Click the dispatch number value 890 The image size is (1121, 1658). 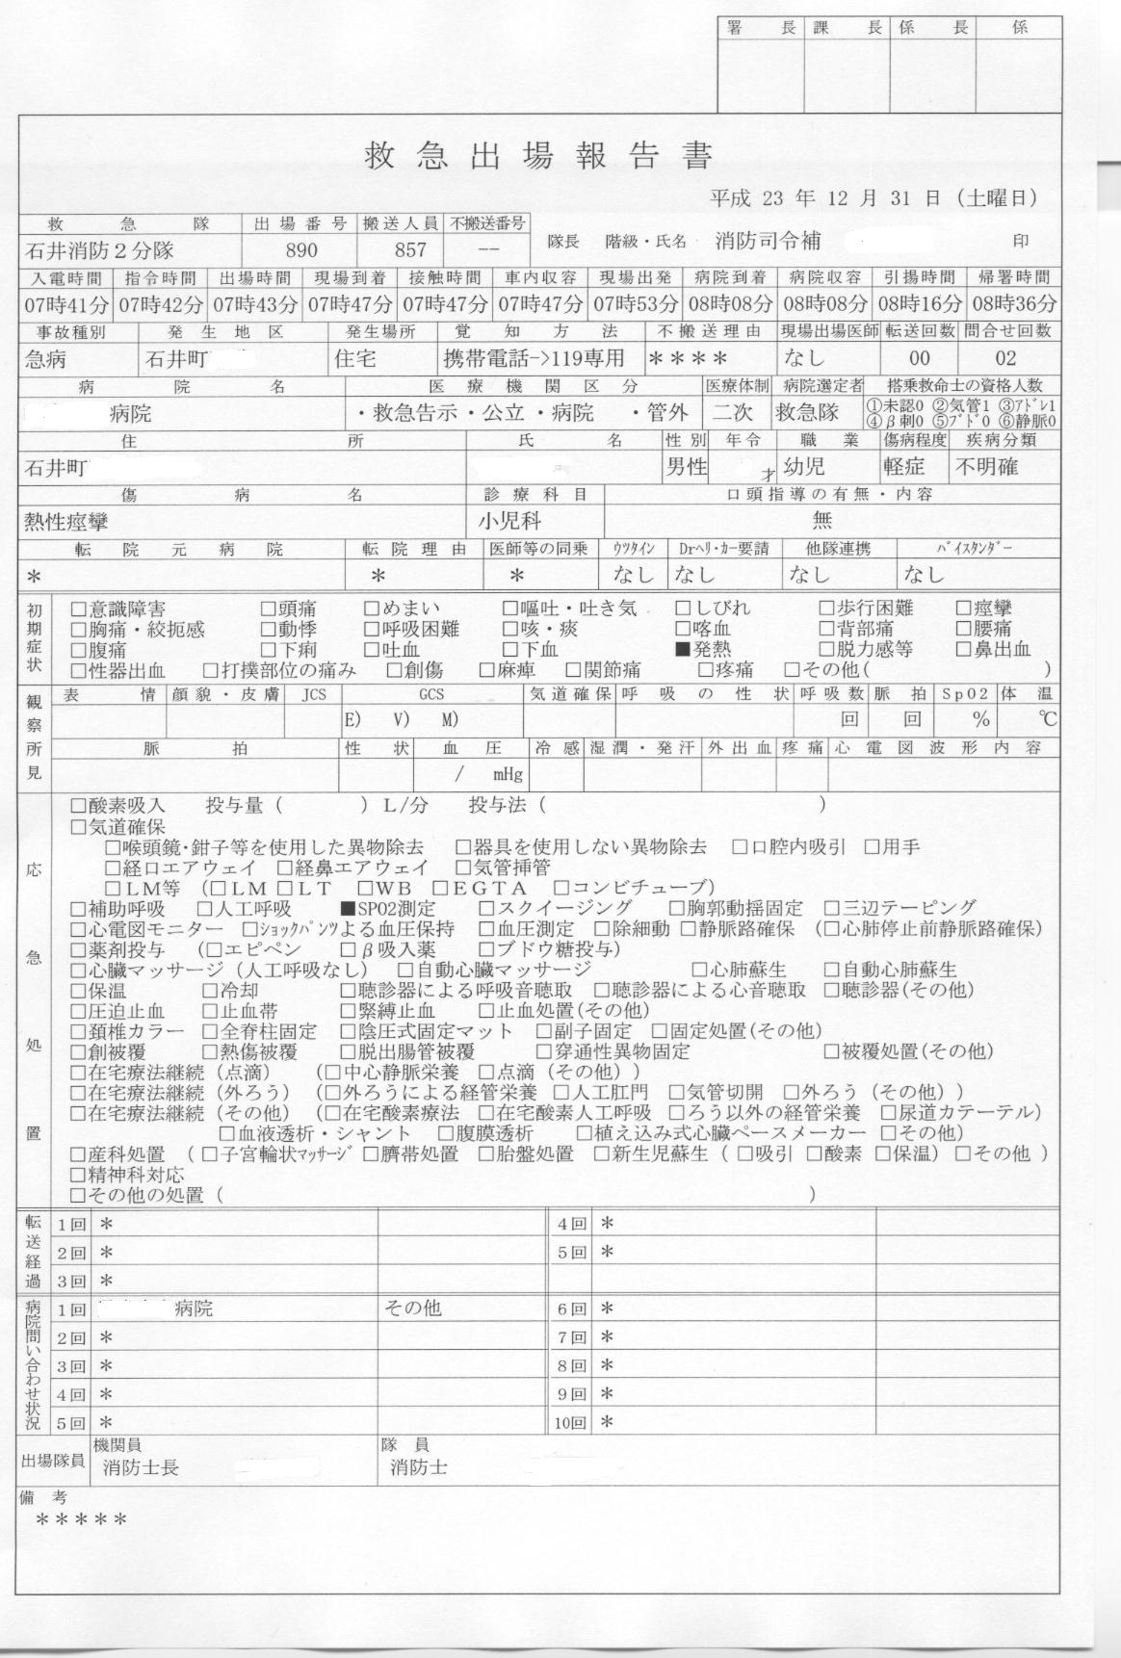pos(300,250)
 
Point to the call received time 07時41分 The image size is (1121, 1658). pos(65,304)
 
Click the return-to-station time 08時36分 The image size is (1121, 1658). pos(1013,304)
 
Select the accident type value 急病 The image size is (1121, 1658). pos(47,360)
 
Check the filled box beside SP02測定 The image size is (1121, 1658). pos(348,909)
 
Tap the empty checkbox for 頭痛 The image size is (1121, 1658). pos(269,609)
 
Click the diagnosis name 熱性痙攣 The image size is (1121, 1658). pos(65,523)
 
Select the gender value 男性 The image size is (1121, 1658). pos(687,468)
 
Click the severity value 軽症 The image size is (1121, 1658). pos(903,468)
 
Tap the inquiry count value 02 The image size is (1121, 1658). pos(1005,360)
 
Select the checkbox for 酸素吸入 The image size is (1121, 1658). pos(78,805)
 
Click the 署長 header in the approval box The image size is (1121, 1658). pos(760,28)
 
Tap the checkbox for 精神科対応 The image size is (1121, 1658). pos(78,1175)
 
